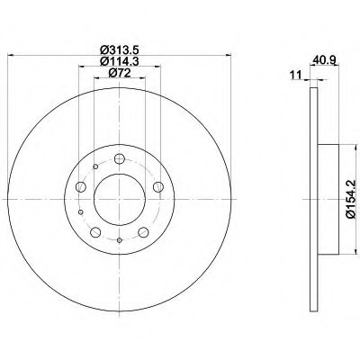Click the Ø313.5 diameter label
click(120, 49)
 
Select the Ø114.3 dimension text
click(120, 61)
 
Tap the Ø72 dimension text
click(120, 73)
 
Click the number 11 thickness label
click(296, 76)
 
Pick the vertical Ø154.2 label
click(351, 199)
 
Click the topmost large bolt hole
click(120, 158)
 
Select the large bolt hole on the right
click(158, 187)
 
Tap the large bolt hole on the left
click(81, 187)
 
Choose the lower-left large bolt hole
click(95, 232)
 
